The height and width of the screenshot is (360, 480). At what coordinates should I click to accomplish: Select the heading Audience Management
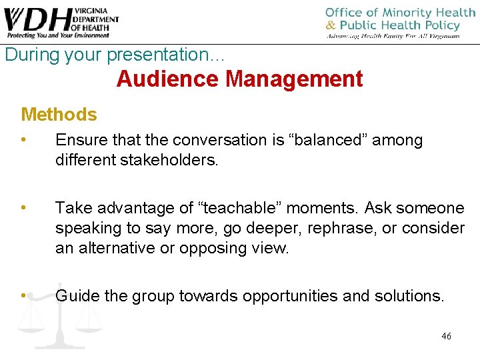pos(239,79)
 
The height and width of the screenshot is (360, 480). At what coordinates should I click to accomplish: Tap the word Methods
pos(59,115)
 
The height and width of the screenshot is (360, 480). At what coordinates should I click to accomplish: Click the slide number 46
pos(446,336)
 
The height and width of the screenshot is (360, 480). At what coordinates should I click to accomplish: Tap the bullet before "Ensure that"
pos(23,140)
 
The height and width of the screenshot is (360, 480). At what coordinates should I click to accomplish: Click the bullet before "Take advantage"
pos(23,208)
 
